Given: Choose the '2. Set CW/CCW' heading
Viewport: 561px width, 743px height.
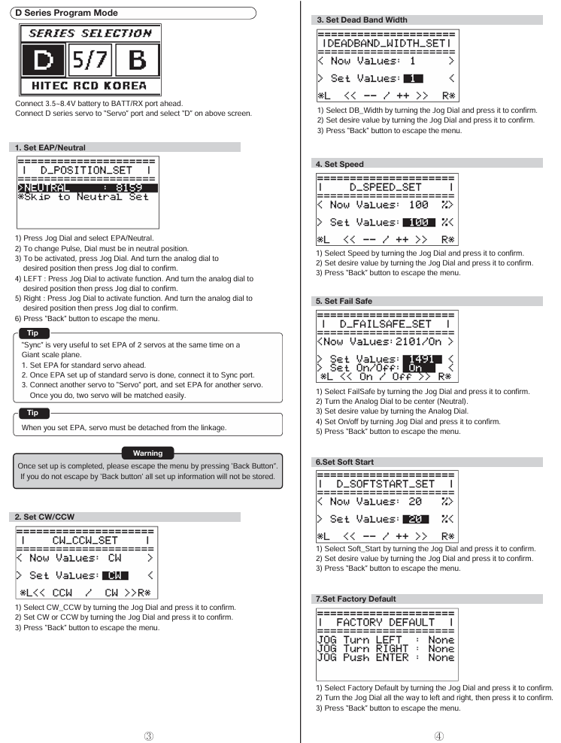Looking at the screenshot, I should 47,517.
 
